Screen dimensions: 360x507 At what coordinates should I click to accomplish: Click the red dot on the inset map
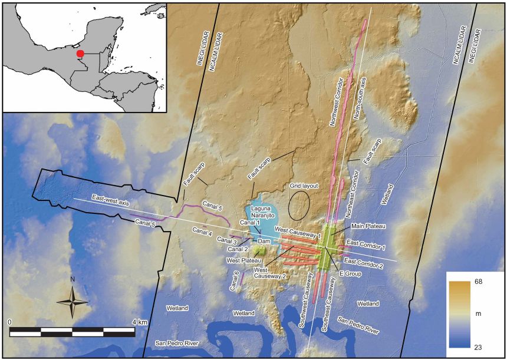80,54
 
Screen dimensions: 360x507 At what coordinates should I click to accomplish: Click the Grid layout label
304,186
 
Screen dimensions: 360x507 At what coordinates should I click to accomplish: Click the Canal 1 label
250,223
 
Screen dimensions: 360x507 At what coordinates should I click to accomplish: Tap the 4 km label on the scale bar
139,322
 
